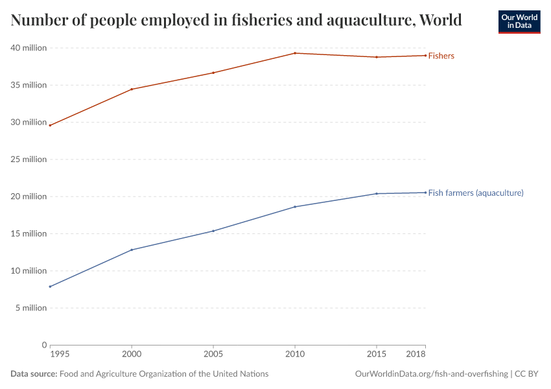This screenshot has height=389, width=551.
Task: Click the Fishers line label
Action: point(441,56)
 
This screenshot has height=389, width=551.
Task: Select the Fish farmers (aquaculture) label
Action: point(476,193)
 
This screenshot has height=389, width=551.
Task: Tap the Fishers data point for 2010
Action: point(295,53)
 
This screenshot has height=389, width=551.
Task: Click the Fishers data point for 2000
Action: point(132,89)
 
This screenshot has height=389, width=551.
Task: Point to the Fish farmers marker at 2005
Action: point(213,231)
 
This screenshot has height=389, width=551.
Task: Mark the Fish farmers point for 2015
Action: point(377,194)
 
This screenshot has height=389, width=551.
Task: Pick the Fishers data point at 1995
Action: point(50,125)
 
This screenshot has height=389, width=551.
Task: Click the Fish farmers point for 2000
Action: point(132,250)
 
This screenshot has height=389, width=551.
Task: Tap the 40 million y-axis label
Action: point(29,48)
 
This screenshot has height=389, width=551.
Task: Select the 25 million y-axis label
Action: point(29,159)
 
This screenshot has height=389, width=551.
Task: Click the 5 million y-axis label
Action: point(30,308)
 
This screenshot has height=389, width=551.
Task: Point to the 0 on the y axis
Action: point(44,345)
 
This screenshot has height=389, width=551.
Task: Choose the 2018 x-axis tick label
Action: point(416,355)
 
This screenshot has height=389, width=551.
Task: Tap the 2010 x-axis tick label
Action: point(295,355)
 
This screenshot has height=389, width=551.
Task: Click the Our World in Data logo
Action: point(519,21)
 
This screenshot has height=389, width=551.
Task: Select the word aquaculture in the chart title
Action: point(373,21)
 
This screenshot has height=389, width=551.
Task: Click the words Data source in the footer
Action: point(34,374)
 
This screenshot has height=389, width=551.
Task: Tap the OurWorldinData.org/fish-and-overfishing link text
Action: point(431,374)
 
